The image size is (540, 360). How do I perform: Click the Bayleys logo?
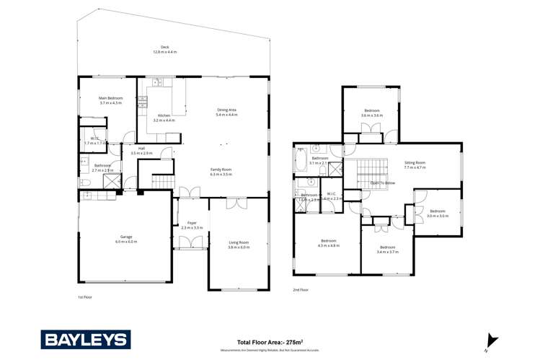coord(85,339)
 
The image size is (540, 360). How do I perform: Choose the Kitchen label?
coord(164,118)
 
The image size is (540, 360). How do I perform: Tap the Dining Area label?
coord(227,112)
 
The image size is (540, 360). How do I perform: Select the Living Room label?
coord(239,245)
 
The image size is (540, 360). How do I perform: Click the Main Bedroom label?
coord(111,100)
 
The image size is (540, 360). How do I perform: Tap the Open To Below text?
coord(381,183)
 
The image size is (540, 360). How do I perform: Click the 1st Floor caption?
coord(86,296)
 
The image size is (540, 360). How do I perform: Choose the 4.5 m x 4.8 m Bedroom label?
coord(328,243)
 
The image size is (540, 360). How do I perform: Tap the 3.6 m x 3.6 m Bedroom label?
coord(372,113)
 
